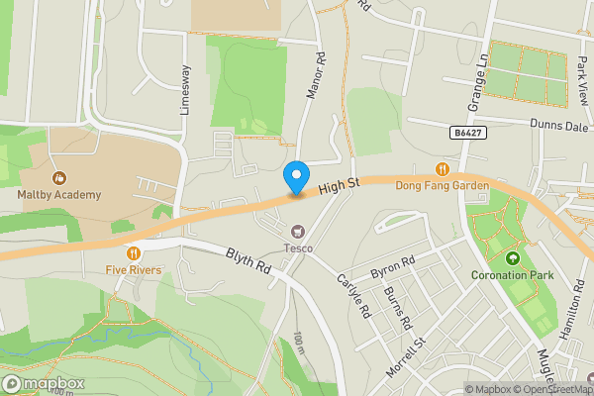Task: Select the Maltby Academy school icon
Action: coord(59,178)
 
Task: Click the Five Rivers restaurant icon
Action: coord(131,252)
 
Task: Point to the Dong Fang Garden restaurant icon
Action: coord(443,167)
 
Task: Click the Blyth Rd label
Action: coord(247,262)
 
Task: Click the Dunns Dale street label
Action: coord(559,126)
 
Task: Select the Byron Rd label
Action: coord(390,267)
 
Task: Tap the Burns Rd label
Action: coord(399,310)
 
